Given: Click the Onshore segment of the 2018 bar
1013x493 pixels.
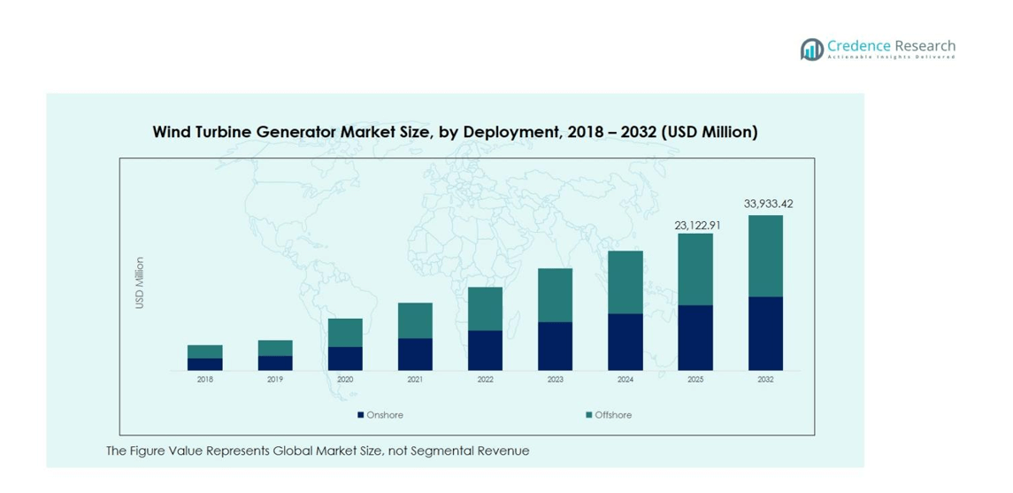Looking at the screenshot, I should (204, 364).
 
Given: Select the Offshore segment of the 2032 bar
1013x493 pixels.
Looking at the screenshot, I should (765, 256).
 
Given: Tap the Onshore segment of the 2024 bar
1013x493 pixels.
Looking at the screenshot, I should (625, 342).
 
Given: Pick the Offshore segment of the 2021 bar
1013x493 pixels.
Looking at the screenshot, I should (415, 320).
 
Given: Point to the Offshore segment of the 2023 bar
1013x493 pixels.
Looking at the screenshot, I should (555, 295).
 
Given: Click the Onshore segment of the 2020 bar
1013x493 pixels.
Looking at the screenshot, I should (345, 358).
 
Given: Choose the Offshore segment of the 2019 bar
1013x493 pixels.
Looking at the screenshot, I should (275, 348).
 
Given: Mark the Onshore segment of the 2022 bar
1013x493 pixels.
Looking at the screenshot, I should (485, 350).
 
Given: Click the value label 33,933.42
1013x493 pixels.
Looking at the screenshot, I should (768, 204).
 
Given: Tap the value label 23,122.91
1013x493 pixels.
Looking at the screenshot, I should (697, 226).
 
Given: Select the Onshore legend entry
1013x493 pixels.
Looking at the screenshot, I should (380, 415).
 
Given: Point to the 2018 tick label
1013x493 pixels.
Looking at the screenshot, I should (204, 380).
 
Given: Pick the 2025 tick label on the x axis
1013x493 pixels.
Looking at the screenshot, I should (695, 380).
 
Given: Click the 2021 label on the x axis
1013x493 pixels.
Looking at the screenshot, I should (415, 380).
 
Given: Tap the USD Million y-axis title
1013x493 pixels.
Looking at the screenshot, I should (140, 283).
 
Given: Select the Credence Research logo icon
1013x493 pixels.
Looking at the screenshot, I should (811, 50).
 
